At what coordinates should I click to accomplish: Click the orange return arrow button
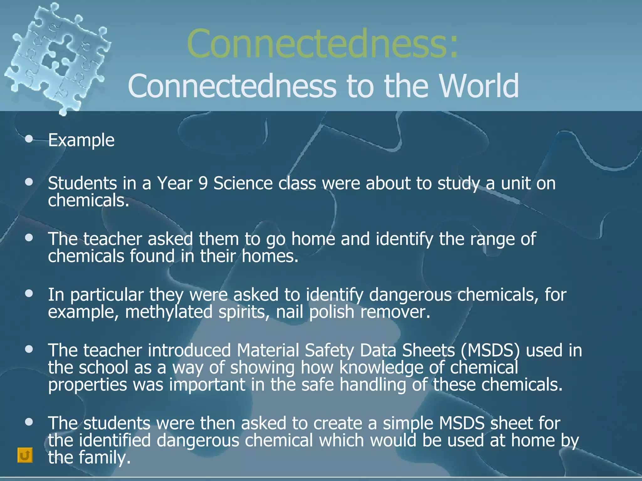[x=25, y=455]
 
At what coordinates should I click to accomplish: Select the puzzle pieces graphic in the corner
[x=58, y=58]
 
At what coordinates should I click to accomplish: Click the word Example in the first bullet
[x=81, y=140]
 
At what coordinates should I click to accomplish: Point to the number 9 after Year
[x=203, y=183]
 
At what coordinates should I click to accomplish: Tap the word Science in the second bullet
[x=243, y=183]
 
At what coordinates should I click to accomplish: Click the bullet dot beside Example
[x=29, y=139]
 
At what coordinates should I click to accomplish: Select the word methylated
[x=169, y=312]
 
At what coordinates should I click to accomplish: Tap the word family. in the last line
[x=104, y=457]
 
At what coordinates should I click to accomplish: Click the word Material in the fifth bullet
[x=268, y=350]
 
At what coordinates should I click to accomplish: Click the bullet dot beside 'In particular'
[x=29, y=293]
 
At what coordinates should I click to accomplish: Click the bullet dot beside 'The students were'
[x=29, y=422]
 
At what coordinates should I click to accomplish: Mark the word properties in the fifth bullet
[x=87, y=385]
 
